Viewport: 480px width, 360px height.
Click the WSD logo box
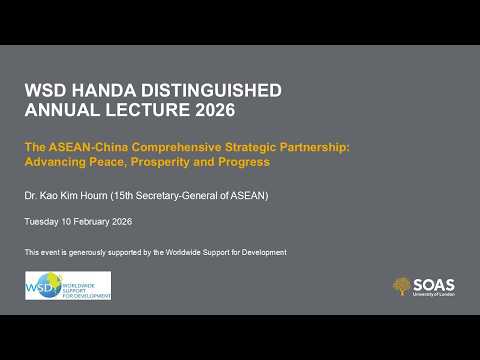click(67, 285)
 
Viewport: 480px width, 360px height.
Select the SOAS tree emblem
click(402, 286)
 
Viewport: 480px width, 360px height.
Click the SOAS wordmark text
click(433, 283)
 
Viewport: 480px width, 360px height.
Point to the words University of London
click(433, 294)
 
